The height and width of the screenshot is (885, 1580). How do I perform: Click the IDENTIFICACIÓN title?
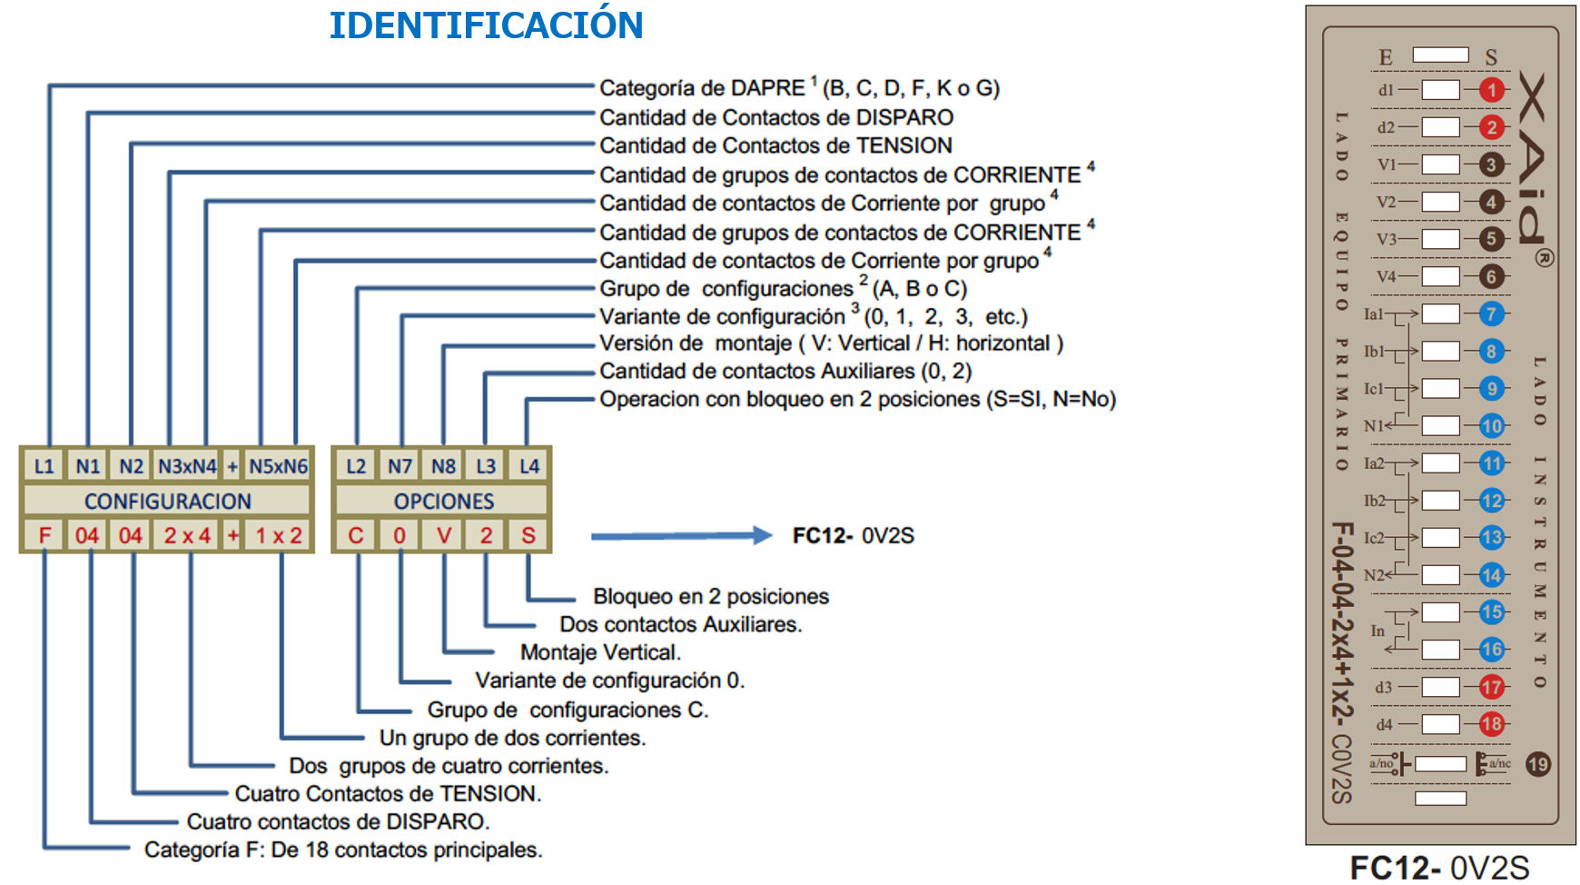486,25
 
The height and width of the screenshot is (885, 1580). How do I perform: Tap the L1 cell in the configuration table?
44,466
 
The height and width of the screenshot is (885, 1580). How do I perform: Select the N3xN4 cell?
187,466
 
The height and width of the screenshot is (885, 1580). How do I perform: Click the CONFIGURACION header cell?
167,501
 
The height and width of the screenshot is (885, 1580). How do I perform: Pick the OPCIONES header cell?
443,501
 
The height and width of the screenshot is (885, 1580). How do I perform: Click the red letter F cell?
44,535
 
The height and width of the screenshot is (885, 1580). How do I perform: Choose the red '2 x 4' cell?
187,535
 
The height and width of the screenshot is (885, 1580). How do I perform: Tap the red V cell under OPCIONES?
443,535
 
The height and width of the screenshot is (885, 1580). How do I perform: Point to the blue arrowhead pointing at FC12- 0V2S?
761,535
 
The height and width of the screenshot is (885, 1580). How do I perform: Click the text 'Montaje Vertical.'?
600,652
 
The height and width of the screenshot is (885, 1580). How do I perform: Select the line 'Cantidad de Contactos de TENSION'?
775,145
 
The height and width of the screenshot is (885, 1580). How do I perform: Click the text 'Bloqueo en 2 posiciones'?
711,596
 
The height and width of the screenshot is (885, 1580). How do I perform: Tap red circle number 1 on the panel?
1491,90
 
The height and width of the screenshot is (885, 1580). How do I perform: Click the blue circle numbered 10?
1491,425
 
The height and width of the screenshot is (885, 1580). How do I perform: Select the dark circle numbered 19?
1537,764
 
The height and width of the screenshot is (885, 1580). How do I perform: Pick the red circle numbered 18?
1491,724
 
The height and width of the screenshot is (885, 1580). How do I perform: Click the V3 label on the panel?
1386,239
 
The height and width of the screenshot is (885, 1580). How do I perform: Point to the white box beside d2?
1440,127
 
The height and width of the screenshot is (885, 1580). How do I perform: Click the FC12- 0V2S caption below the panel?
1439,868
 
